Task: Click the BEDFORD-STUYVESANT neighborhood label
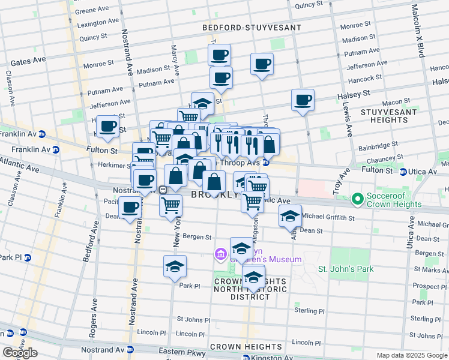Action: [242, 28]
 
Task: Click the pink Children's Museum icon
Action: [221, 254]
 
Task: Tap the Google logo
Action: [20, 353]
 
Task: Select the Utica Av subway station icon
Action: [403, 172]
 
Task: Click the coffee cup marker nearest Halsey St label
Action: [303, 100]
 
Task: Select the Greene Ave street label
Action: [91, 11]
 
